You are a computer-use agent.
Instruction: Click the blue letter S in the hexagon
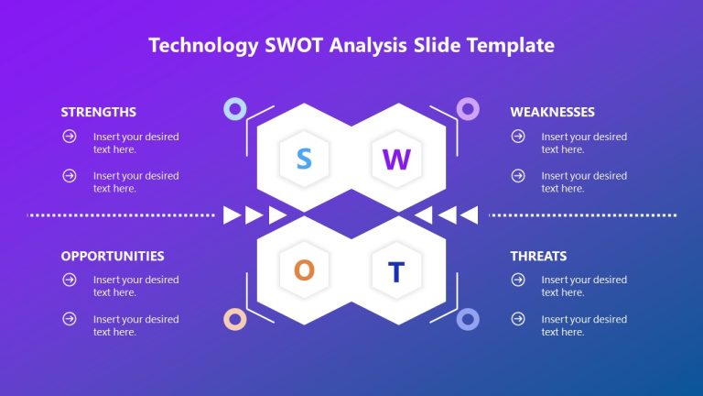(x=304, y=159)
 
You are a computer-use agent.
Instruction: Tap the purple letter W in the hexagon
(x=396, y=159)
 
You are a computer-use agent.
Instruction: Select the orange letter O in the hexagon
(x=304, y=270)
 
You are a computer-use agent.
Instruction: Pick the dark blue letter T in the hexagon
(x=396, y=271)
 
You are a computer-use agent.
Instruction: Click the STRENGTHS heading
(x=99, y=112)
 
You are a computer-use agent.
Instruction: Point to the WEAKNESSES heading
(x=552, y=112)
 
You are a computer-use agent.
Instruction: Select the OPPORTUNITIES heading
(x=113, y=256)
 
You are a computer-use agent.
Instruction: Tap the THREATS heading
(x=538, y=256)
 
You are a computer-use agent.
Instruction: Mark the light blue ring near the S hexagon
(x=235, y=109)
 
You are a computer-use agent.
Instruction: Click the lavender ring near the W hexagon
(x=468, y=109)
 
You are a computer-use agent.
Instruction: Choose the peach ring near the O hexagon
(x=235, y=319)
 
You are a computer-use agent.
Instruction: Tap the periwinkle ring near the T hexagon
(x=468, y=319)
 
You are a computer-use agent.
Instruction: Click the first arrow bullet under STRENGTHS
(x=69, y=137)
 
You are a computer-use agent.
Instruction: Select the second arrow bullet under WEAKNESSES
(x=517, y=175)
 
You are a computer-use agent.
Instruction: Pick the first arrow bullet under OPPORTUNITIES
(x=69, y=280)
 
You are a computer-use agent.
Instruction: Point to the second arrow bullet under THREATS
(x=517, y=319)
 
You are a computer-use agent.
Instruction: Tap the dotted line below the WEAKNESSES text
(x=583, y=215)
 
